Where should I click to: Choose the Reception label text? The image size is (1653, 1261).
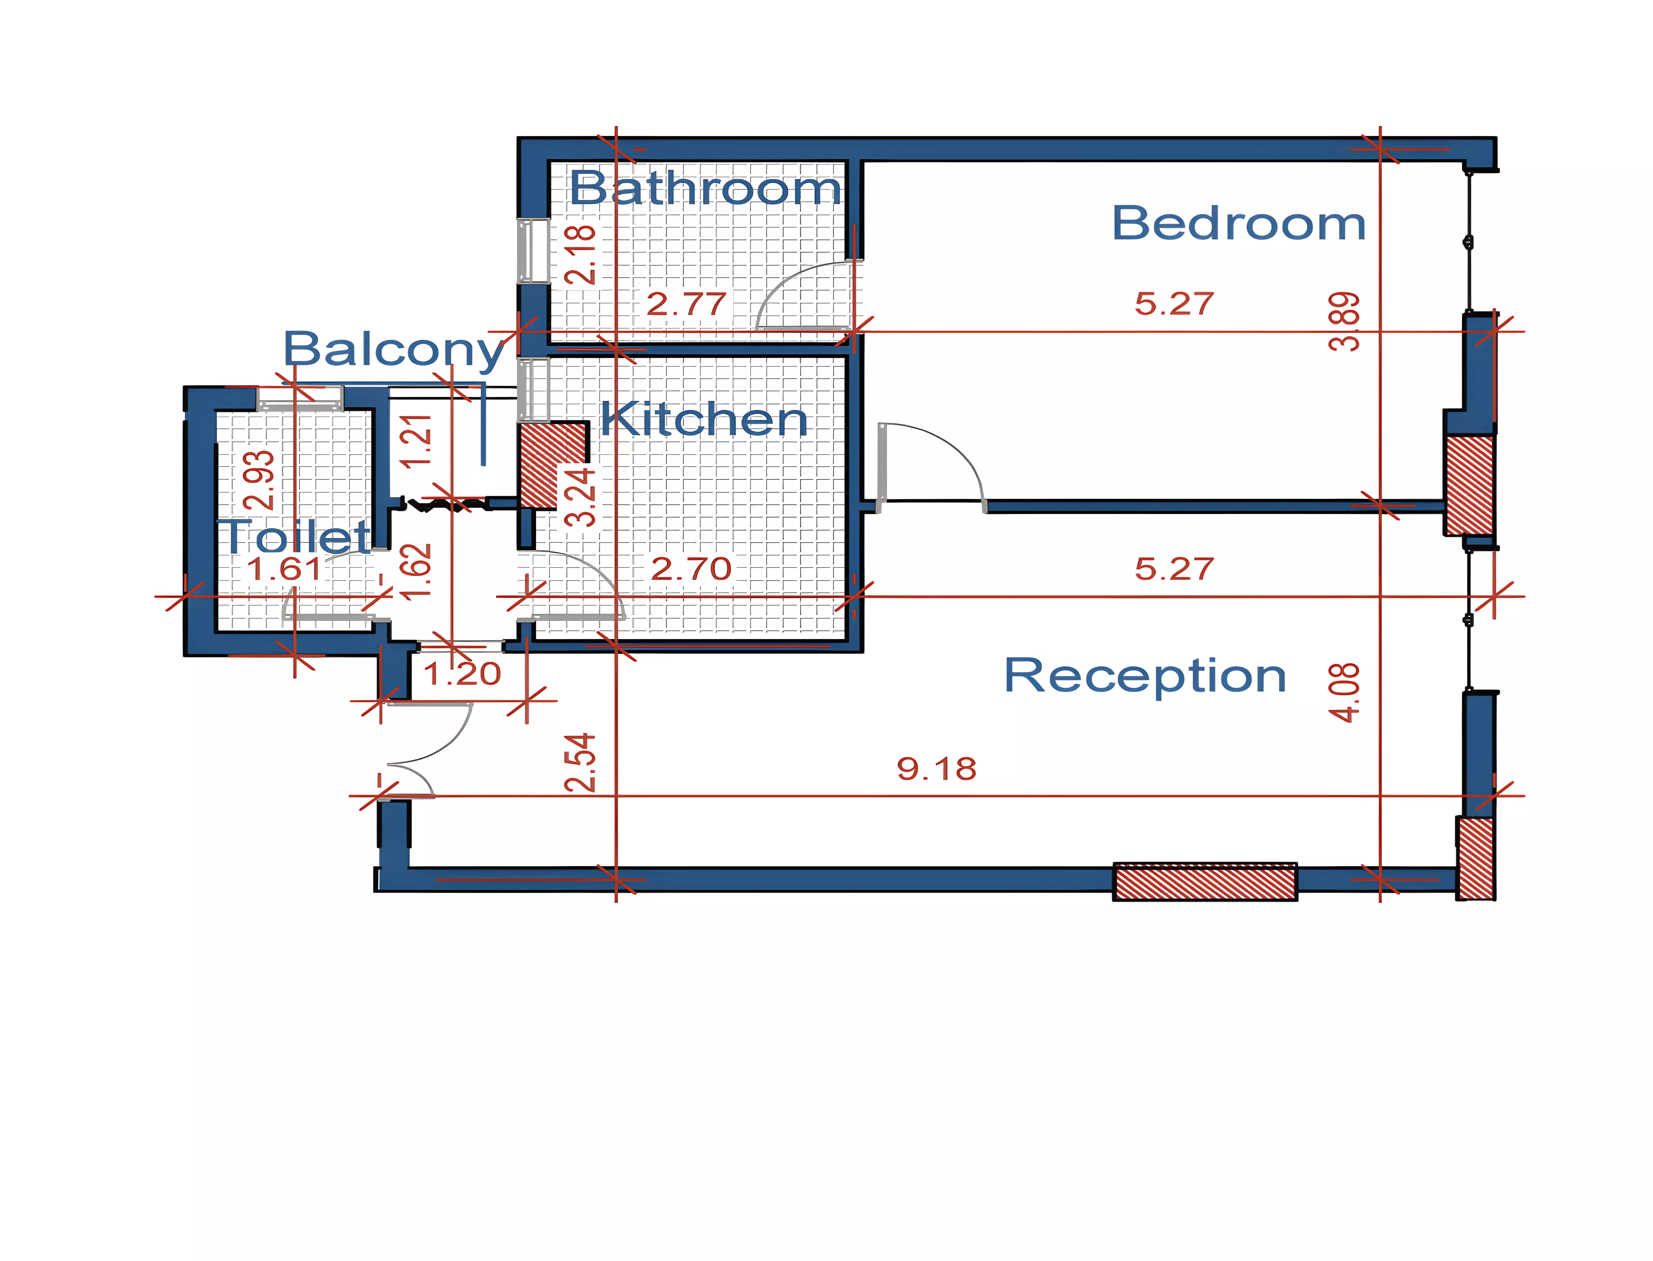(x=1145, y=676)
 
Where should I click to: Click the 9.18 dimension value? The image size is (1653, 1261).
(x=936, y=769)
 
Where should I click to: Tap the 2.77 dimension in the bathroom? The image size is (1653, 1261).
(x=686, y=304)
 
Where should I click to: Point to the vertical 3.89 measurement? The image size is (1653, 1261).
(x=1344, y=321)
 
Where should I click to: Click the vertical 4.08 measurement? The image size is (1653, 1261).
(x=1344, y=692)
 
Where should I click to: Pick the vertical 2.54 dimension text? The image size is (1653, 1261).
(x=580, y=763)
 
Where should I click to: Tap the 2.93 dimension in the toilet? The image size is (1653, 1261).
(x=259, y=480)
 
